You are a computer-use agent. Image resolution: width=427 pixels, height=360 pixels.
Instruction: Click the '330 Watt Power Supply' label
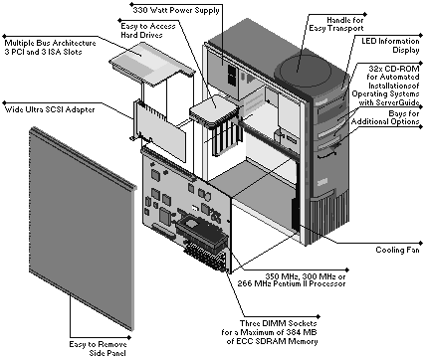tap(176, 10)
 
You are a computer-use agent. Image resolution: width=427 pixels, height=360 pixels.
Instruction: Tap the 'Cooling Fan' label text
tap(397, 250)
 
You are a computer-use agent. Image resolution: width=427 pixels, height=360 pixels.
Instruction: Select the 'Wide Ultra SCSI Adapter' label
tap(50, 109)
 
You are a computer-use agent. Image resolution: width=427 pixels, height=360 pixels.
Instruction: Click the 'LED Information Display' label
tap(390, 46)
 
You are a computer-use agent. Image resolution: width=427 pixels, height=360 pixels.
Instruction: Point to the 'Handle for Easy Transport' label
tap(336, 24)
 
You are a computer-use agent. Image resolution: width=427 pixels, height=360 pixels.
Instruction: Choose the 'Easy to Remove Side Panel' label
tap(98, 348)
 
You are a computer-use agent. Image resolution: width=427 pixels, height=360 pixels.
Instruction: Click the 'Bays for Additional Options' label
tap(385, 117)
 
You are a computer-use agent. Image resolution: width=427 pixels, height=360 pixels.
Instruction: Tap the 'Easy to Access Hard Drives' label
tap(148, 30)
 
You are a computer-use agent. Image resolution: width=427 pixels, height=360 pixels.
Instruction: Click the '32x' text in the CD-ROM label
tap(376, 69)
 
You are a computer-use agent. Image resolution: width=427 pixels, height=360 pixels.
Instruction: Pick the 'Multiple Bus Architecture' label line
tap(50, 43)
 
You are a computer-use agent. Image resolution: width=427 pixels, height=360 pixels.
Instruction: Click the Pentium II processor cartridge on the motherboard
tap(201, 233)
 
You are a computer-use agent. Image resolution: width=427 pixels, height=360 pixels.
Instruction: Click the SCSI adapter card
tap(160, 132)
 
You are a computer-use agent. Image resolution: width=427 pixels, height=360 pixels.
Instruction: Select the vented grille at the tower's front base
tap(329, 216)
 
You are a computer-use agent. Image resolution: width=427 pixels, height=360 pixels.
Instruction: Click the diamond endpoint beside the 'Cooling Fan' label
tap(421, 244)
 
